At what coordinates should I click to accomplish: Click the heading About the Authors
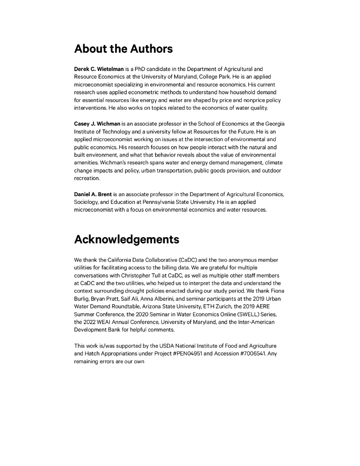click(x=123, y=49)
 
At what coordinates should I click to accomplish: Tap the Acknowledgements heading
click(x=127, y=239)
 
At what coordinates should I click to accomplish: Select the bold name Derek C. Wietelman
click(x=99, y=69)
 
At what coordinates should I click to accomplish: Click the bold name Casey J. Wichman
click(x=97, y=124)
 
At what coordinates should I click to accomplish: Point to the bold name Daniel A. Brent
click(x=93, y=194)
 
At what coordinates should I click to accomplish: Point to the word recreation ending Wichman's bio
click(x=87, y=178)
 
